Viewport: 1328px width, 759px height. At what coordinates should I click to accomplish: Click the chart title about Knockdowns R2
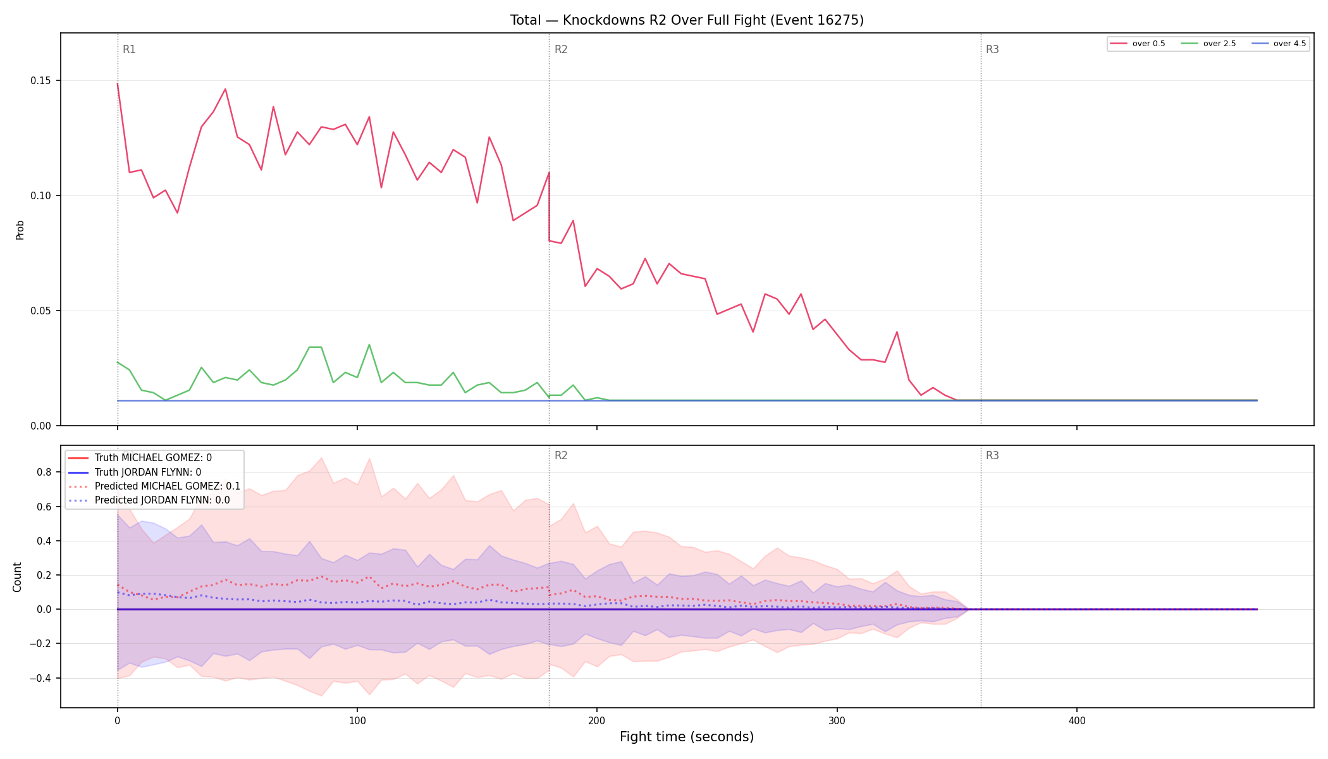687,20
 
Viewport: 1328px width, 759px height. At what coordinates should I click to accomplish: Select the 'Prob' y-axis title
20,230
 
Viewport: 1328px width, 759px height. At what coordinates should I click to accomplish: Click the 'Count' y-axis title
17,577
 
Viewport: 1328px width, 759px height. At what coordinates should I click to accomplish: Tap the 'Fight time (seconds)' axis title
687,737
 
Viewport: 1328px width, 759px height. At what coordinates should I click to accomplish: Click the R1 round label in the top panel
129,49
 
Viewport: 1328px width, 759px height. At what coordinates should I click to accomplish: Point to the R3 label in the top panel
992,49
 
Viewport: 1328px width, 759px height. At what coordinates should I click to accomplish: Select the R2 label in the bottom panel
561,455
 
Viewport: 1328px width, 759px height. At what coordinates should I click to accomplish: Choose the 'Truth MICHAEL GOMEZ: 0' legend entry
153,458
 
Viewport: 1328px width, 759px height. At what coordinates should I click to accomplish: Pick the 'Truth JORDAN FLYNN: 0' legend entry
148,472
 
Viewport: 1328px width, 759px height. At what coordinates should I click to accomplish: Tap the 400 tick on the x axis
1077,720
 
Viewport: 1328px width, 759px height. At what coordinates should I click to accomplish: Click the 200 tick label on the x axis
597,720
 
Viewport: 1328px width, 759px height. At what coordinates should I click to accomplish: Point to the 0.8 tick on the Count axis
44,472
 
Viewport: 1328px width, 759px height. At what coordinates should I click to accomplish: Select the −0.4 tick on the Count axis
41,678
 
